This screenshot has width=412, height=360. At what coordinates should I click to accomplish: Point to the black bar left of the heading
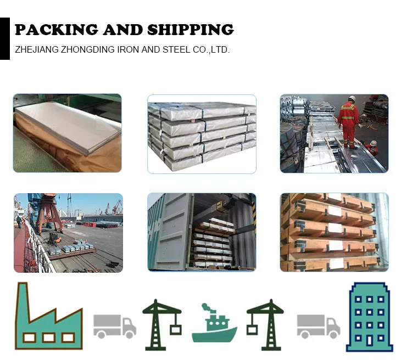click(5, 38)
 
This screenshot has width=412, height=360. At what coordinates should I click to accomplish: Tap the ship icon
click(214, 327)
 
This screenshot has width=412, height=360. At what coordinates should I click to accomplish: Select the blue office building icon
click(370, 319)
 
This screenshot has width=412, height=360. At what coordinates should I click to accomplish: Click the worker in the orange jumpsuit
click(348, 120)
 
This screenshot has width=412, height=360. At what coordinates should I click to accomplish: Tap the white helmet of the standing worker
click(352, 99)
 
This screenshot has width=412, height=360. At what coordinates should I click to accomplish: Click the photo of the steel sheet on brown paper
click(68, 133)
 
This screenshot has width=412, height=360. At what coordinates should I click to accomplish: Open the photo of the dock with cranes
click(68, 232)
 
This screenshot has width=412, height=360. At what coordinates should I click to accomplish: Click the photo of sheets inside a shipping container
click(202, 232)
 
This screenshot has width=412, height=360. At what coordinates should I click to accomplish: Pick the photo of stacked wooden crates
click(334, 232)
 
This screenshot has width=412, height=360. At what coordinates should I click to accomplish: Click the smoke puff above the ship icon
click(205, 306)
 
